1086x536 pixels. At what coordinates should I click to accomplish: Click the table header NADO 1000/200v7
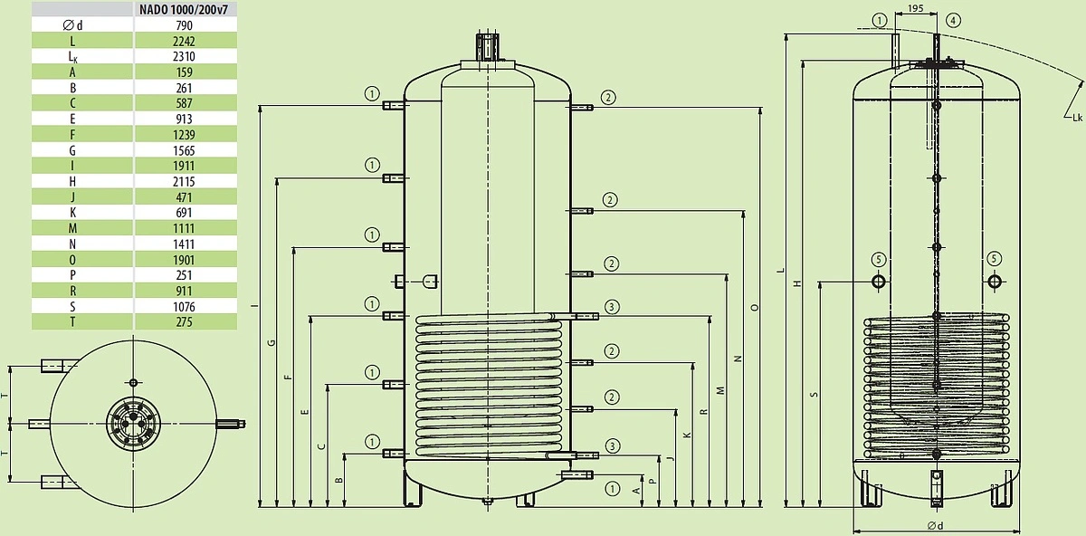tap(184, 10)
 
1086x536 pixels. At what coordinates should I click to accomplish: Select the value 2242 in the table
tap(184, 42)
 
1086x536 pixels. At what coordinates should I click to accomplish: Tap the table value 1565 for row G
tap(184, 150)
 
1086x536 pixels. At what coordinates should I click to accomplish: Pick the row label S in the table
tap(72, 307)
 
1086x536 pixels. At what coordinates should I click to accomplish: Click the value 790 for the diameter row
tap(184, 25)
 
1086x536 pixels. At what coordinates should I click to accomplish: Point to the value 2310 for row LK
tap(184, 57)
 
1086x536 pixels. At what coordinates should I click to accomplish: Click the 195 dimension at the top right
tap(915, 8)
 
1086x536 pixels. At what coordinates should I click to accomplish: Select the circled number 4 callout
tap(953, 21)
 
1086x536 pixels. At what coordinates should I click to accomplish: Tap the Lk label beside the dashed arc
tap(1077, 118)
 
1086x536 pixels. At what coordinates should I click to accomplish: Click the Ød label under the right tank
tap(935, 526)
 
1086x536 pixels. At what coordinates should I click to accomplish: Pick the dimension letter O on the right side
tap(754, 308)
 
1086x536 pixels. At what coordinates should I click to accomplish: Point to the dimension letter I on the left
tap(253, 306)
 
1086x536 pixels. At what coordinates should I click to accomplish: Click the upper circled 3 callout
tap(612, 307)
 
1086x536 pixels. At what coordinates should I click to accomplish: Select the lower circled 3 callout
tap(613, 445)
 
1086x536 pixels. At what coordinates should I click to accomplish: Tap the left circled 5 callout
tap(879, 260)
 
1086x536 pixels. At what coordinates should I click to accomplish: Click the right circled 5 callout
tap(994, 259)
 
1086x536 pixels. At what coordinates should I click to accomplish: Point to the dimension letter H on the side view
tap(797, 283)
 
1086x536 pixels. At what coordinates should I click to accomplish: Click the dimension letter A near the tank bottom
tap(636, 491)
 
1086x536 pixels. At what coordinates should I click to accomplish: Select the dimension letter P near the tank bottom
tap(653, 481)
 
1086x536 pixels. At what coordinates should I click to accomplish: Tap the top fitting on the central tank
tap(487, 47)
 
